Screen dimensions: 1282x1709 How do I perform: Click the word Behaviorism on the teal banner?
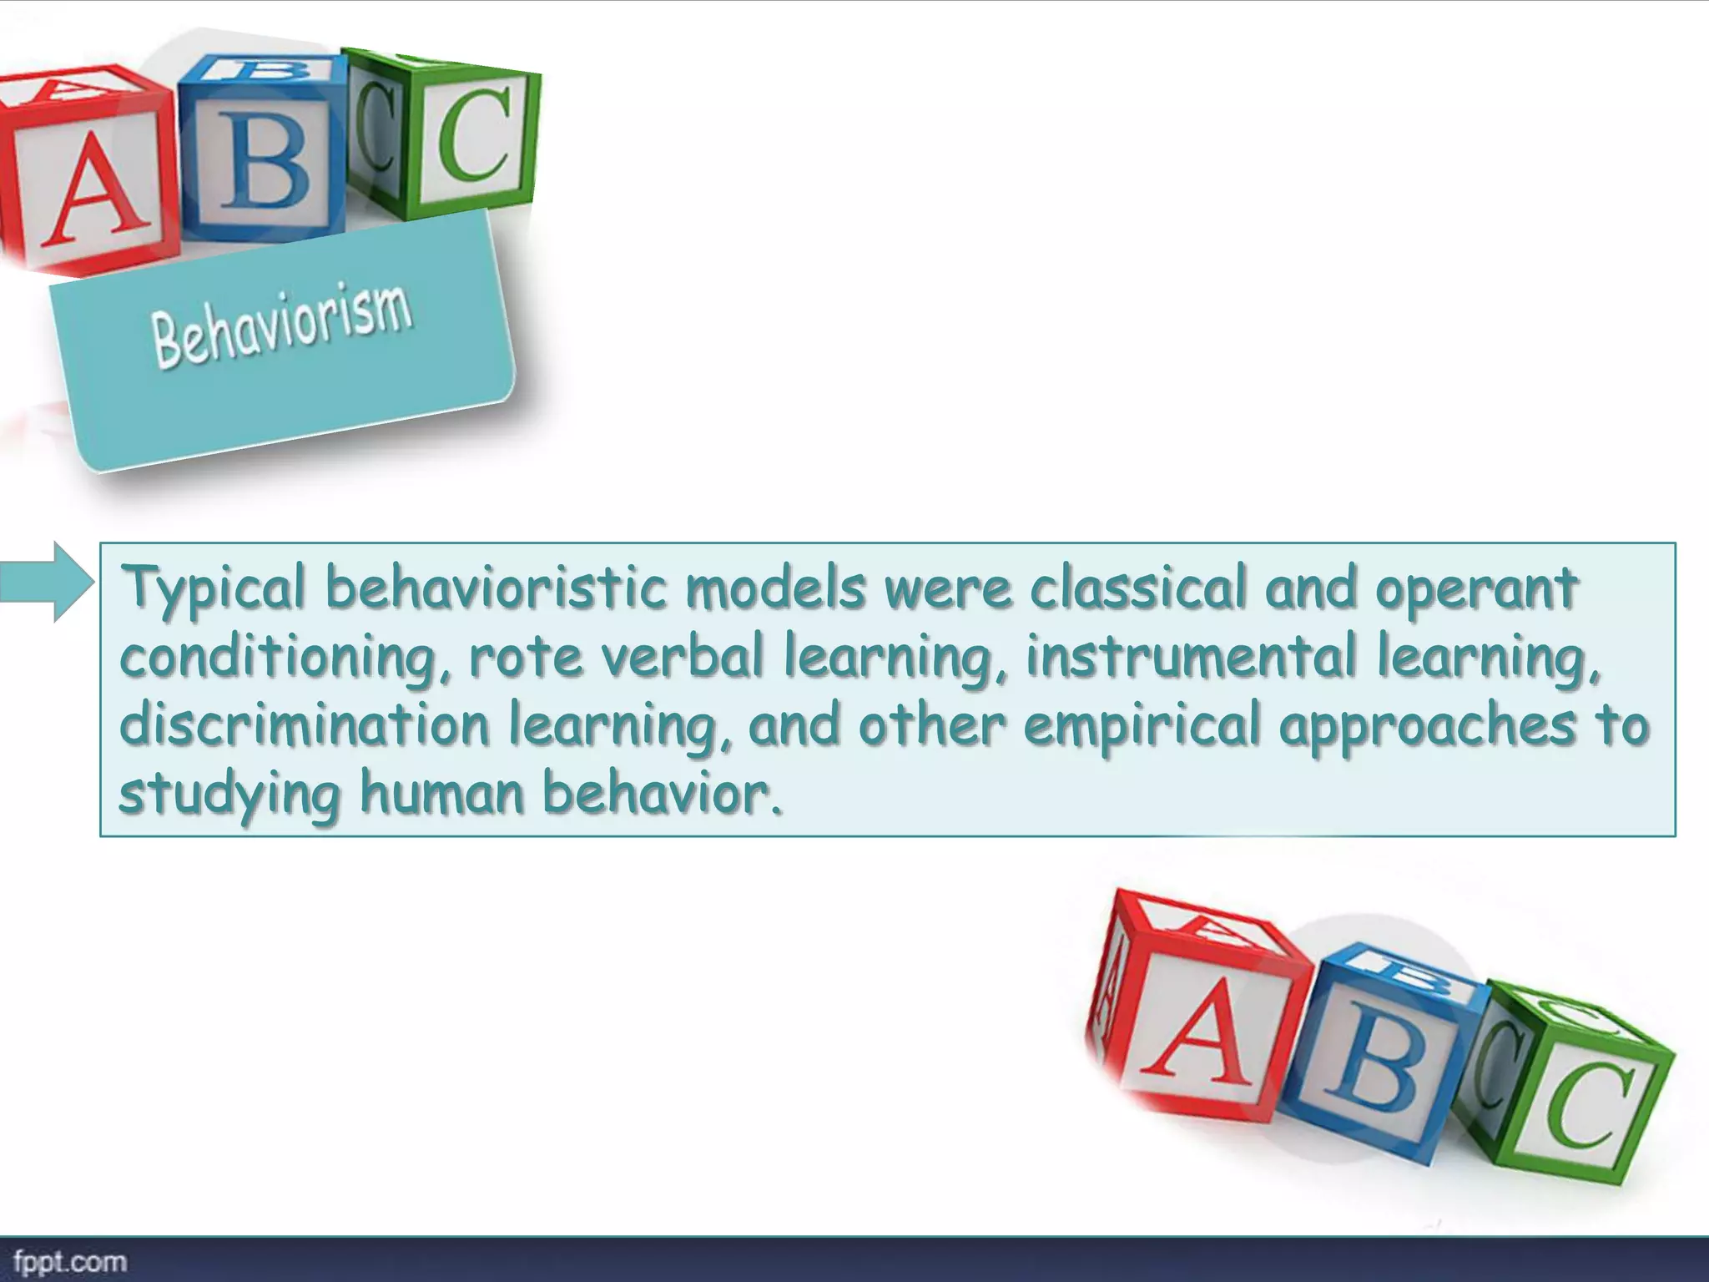click(x=282, y=326)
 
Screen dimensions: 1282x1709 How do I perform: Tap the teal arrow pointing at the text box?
click(x=47, y=582)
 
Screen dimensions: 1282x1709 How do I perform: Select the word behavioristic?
click(x=496, y=588)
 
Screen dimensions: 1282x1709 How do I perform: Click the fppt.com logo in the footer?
click(x=70, y=1261)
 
